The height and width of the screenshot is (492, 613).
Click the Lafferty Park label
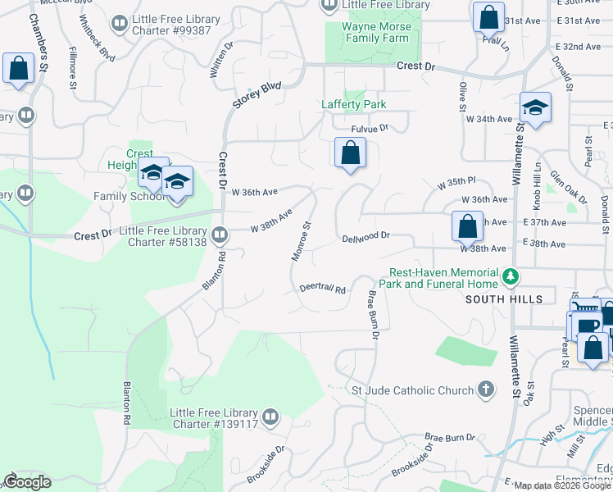coord(353,104)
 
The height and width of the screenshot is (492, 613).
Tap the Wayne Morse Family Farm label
coord(375,32)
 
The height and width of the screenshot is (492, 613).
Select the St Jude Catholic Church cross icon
coord(486,389)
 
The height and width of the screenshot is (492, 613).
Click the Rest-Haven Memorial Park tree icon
coord(511,277)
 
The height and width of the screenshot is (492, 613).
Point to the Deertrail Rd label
coord(323,289)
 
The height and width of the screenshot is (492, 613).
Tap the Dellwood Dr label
coord(366,236)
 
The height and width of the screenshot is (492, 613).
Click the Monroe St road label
coord(301,241)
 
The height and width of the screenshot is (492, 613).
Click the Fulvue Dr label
coord(369,128)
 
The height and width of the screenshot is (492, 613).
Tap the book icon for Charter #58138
coord(219,236)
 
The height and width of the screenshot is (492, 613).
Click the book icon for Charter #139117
coord(270,417)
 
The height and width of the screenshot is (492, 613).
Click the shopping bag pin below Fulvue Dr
coord(350,153)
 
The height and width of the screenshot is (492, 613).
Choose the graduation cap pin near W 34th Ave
coord(535,107)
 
